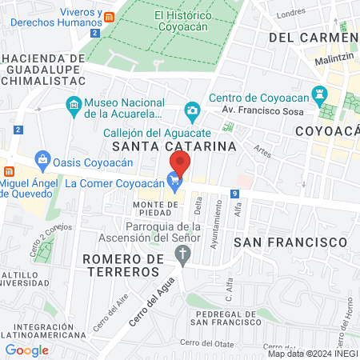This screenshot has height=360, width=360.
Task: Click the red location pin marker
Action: click(x=180, y=163)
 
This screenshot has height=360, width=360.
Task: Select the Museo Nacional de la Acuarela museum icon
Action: click(x=74, y=105)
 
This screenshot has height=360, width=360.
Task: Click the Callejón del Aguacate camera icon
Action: click(x=192, y=110)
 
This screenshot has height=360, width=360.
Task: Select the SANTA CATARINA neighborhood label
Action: click(x=174, y=146)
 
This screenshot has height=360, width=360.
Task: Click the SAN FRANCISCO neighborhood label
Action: click(x=294, y=241)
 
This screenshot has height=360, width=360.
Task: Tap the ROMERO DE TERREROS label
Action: click(x=121, y=266)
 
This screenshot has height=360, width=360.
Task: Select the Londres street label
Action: click(x=290, y=15)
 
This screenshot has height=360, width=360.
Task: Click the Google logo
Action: click(x=26, y=350)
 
